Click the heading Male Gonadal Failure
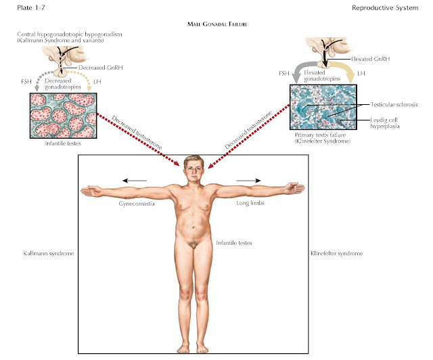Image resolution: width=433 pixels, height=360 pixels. click(216, 24)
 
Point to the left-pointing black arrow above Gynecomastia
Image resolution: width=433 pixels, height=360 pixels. click(135, 181)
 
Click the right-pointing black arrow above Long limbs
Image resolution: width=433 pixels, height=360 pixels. click(246, 181)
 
